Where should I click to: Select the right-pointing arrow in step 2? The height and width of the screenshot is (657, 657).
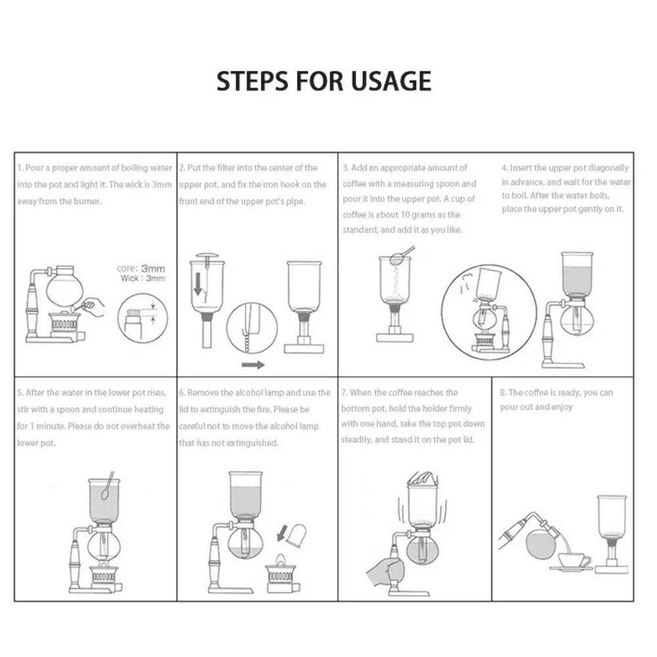[x=253, y=365]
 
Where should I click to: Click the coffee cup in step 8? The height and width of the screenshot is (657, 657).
[x=574, y=560]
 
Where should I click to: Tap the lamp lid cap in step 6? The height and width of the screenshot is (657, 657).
[x=296, y=535]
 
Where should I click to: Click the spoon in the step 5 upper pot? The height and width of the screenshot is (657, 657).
[x=107, y=486]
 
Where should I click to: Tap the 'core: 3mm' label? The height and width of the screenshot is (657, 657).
[x=141, y=268]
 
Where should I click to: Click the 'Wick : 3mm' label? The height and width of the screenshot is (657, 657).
[x=143, y=278]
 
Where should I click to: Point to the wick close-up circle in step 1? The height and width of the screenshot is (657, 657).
[x=143, y=319]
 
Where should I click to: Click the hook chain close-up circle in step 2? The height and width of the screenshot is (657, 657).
[x=252, y=328]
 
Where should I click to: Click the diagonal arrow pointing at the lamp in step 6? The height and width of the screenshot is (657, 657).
[x=283, y=533]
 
